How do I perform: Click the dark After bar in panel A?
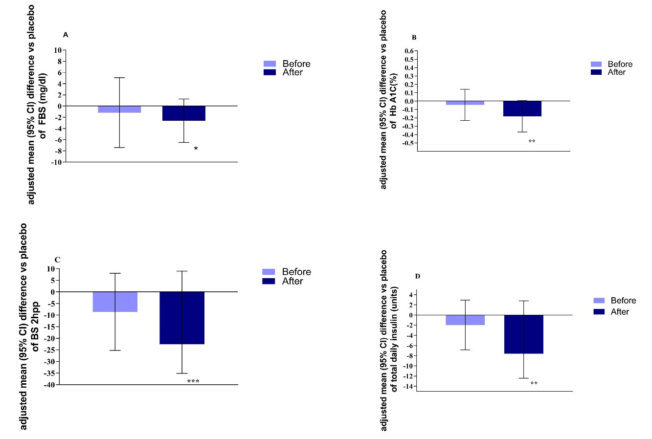[184, 113]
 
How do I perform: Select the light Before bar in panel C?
[115, 302]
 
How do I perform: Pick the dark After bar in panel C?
[182, 318]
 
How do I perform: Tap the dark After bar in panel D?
[524, 334]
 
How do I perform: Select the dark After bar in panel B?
[523, 109]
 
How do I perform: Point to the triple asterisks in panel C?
[193, 381]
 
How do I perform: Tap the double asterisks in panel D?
[534, 384]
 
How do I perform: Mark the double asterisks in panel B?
[532, 142]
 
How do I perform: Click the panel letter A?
[66, 35]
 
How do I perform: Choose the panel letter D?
[417, 276]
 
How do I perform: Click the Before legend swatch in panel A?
[270, 64]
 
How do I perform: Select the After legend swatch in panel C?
[269, 281]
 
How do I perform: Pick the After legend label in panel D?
[620, 311]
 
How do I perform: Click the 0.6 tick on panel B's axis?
[409, 51]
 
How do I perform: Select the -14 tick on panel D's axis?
[407, 387]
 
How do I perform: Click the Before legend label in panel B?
[620, 64]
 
